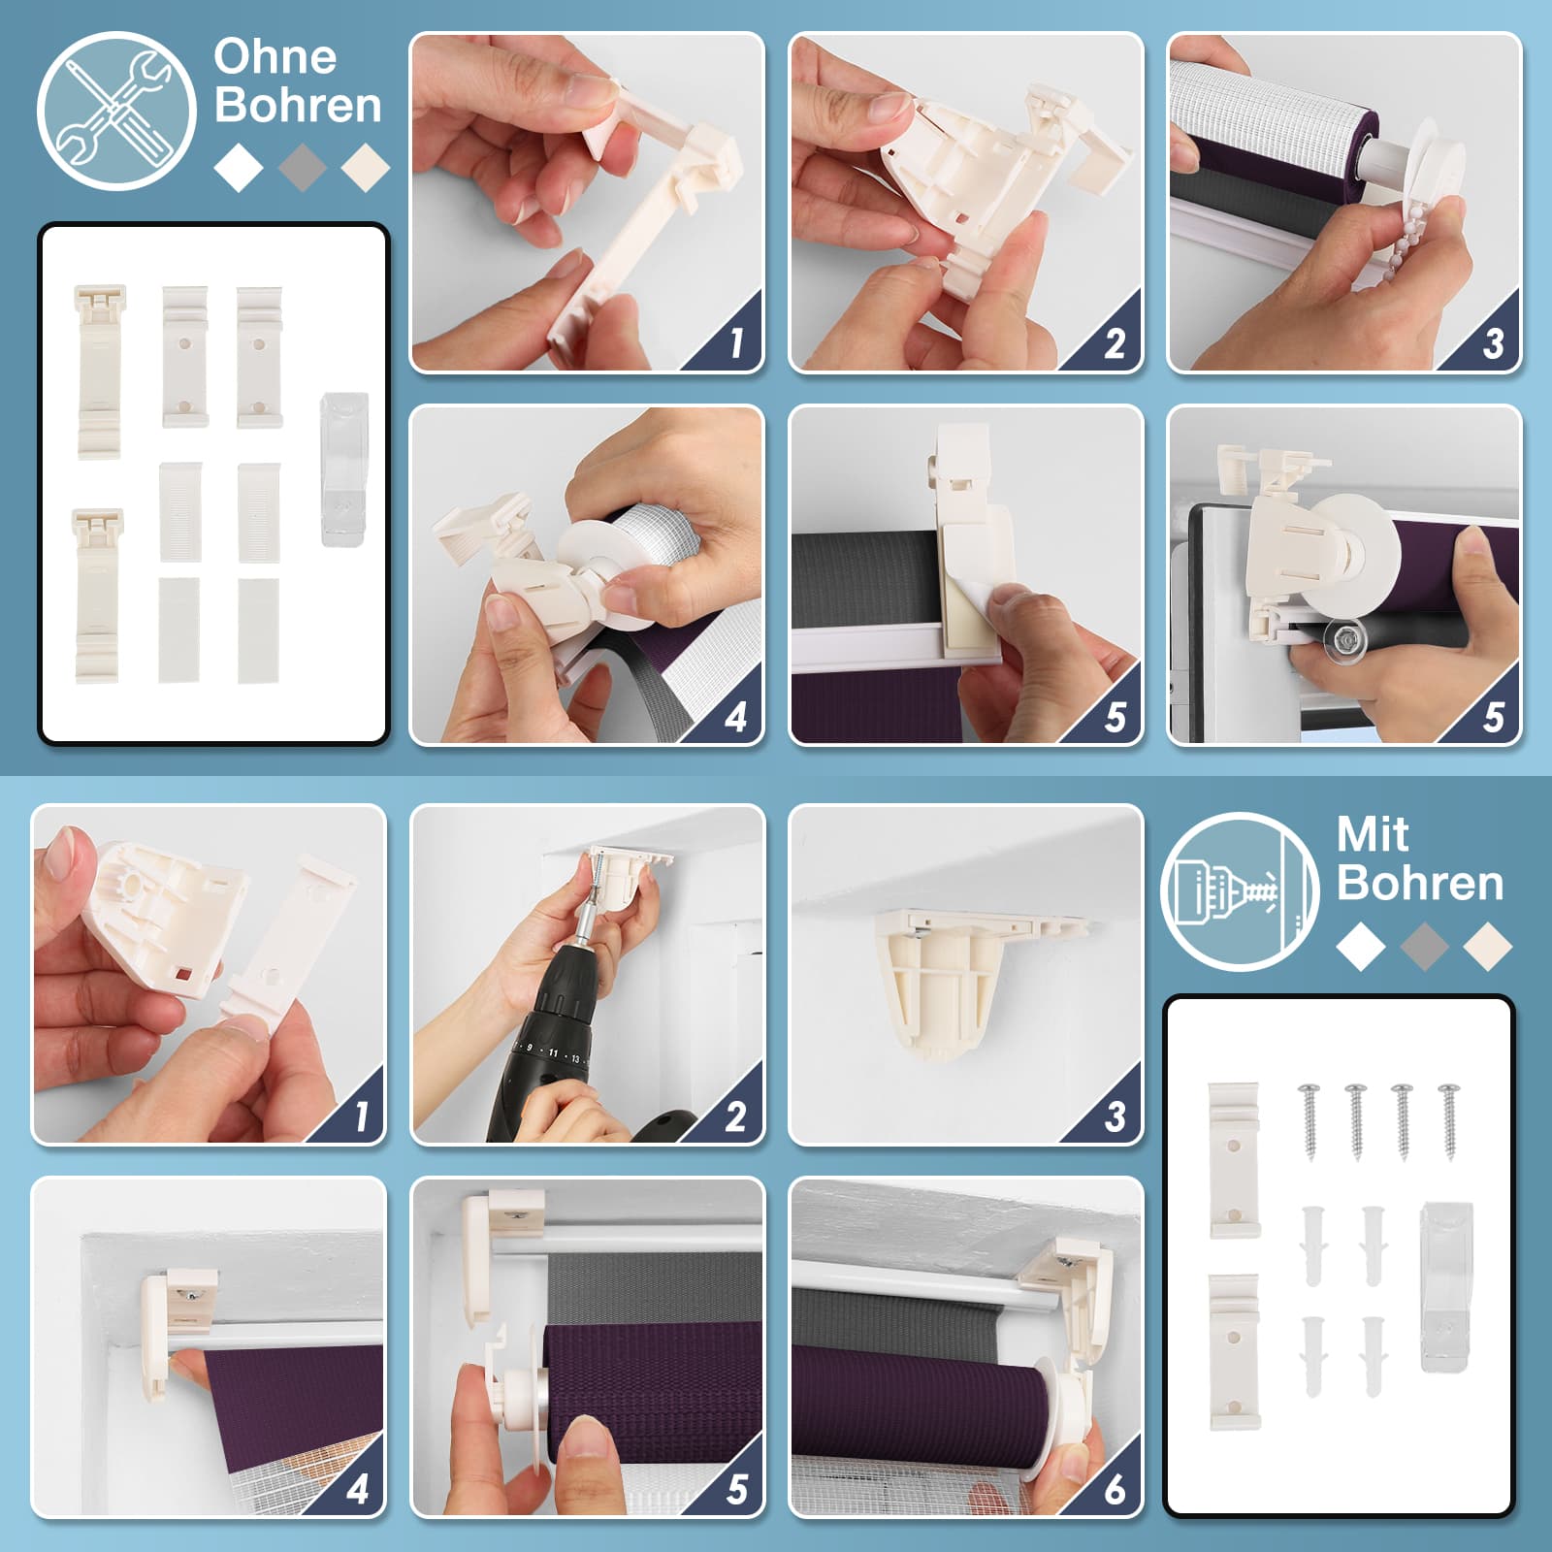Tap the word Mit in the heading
coord(1373,833)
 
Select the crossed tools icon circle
coord(115,111)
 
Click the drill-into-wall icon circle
coord(1240,891)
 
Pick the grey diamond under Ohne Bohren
coord(303,167)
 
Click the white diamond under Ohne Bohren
coord(239,167)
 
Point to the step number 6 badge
coord(1115,1488)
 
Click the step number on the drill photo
coord(736,1116)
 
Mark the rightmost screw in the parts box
coord(1449,1121)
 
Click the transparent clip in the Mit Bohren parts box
coord(1445,1286)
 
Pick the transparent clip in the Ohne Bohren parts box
coord(343,469)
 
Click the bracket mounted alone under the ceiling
coord(960,980)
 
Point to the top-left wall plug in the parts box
coord(1313,1245)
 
